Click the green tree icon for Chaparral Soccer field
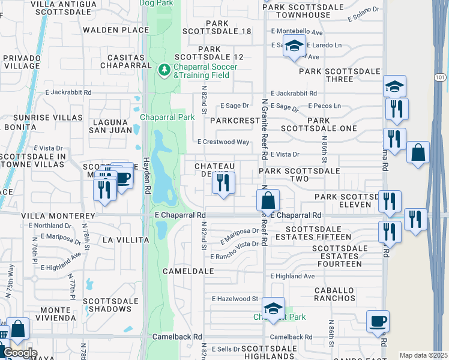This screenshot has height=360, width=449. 164,71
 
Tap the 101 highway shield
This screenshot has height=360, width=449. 439,77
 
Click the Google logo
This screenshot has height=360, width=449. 20,353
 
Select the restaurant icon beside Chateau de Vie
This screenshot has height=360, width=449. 223,182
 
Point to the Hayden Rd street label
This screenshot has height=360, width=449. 145,173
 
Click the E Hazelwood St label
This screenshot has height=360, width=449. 235,298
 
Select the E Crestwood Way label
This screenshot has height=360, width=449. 223,142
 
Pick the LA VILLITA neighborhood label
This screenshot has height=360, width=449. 125,240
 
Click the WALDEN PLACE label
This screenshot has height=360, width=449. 116,29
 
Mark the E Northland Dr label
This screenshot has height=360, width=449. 50,226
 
